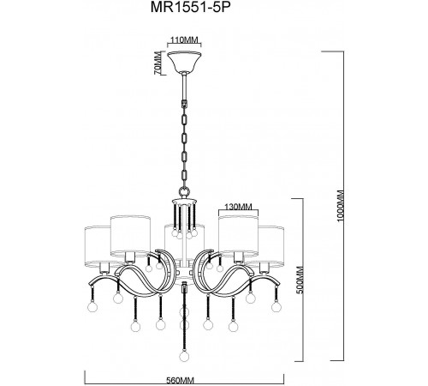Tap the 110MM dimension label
[184, 41]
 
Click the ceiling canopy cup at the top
[183, 63]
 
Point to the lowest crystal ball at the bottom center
[184, 353]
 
